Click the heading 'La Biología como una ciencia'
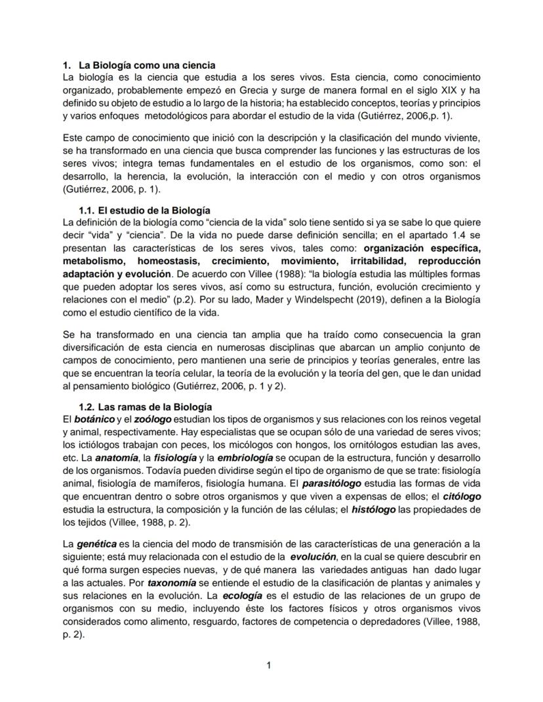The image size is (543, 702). click(x=147, y=66)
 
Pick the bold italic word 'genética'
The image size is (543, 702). click(x=98, y=545)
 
